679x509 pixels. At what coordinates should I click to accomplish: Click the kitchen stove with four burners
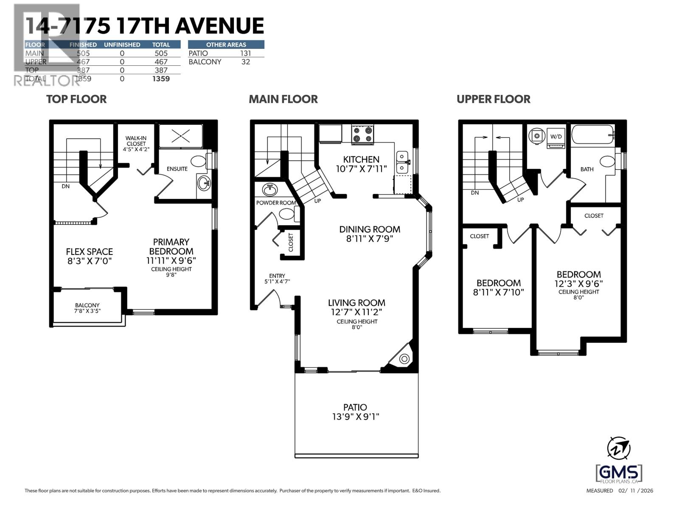(x=363, y=134)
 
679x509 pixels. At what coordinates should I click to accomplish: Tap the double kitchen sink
(x=402, y=162)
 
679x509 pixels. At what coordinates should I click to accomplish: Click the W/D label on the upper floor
(x=556, y=137)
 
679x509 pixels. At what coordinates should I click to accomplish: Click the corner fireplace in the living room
(x=404, y=359)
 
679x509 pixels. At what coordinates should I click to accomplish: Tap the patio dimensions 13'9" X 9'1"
(x=356, y=417)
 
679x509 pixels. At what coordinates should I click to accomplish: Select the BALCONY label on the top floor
(x=87, y=305)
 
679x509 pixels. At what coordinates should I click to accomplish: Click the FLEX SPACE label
(x=90, y=252)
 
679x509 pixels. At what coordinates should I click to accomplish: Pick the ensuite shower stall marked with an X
(x=181, y=136)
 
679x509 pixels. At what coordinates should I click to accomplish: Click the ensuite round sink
(x=204, y=184)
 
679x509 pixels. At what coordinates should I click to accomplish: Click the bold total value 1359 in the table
(x=161, y=78)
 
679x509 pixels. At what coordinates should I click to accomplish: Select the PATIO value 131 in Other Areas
(x=245, y=53)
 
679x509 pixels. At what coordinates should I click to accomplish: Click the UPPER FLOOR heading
(x=493, y=99)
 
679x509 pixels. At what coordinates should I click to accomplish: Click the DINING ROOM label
(x=369, y=229)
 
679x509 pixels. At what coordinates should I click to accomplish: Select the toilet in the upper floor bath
(x=608, y=162)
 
